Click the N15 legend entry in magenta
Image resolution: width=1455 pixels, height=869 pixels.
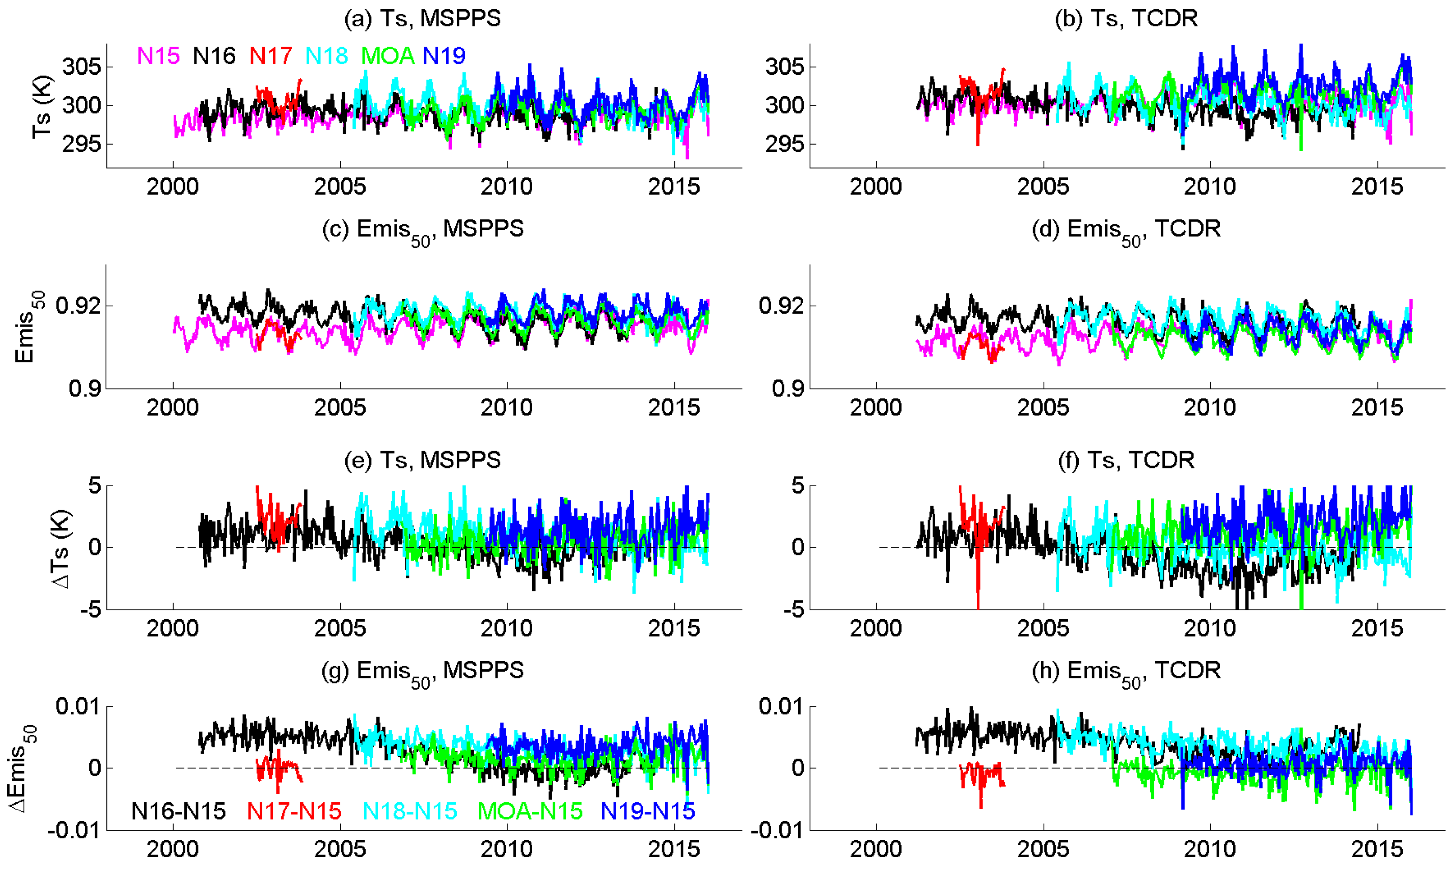(x=158, y=56)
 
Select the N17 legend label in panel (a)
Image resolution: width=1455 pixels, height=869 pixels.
(x=270, y=56)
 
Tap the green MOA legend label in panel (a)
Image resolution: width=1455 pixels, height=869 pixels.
(x=388, y=56)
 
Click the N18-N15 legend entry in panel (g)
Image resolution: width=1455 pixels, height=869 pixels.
(x=410, y=812)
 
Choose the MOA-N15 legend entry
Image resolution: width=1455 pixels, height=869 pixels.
(x=530, y=812)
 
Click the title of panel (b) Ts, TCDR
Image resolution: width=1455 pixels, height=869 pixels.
(x=1126, y=19)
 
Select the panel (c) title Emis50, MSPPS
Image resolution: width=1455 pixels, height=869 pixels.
(x=423, y=230)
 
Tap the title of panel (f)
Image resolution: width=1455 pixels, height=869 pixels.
(x=1126, y=460)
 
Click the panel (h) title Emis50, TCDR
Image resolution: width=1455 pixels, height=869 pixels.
(x=1126, y=671)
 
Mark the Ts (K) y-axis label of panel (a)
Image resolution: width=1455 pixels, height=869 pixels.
(x=42, y=107)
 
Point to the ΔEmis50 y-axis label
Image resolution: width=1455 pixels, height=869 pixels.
(x=23, y=768)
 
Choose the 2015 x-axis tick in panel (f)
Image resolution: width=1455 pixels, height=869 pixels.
(x=1377, y=629)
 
